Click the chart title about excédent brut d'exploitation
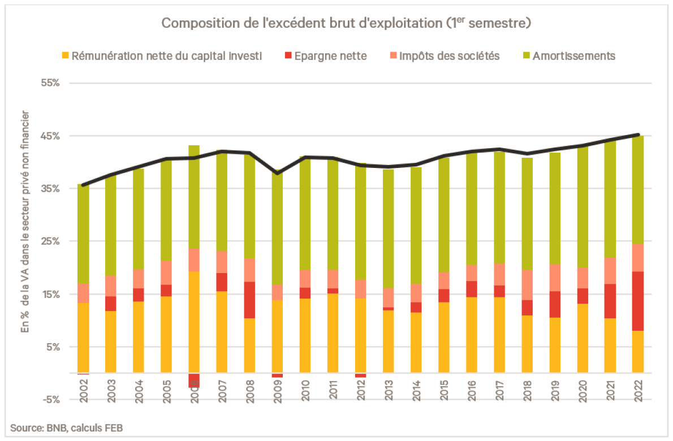pos(346,23)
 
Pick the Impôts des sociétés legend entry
pos(449,56)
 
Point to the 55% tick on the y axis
pos(49,83)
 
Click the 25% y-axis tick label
pos(49,241)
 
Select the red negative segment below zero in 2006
pos(194,381)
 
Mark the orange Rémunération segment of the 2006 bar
pos(194,322)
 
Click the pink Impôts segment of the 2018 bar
pos(527,285)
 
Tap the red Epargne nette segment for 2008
pos(249,300)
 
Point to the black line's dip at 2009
pos(277,173)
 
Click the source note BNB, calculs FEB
pos(67,428)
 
